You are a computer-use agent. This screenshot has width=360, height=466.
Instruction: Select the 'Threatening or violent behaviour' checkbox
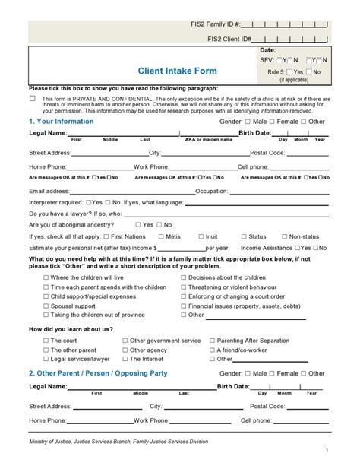pos(183,287)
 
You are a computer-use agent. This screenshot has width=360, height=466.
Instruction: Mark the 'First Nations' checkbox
pos(107,236)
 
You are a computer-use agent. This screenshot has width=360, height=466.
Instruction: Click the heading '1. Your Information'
pos(61,121)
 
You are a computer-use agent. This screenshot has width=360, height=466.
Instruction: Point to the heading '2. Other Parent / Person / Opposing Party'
pos(97,373)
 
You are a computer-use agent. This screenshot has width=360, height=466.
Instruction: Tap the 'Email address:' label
pos(49,192)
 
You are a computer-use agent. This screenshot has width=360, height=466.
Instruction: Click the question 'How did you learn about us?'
pos(71,328)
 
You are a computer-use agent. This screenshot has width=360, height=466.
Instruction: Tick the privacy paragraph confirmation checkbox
pos(33,99)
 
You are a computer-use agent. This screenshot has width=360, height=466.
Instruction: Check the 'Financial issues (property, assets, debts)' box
pos(183,305)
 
